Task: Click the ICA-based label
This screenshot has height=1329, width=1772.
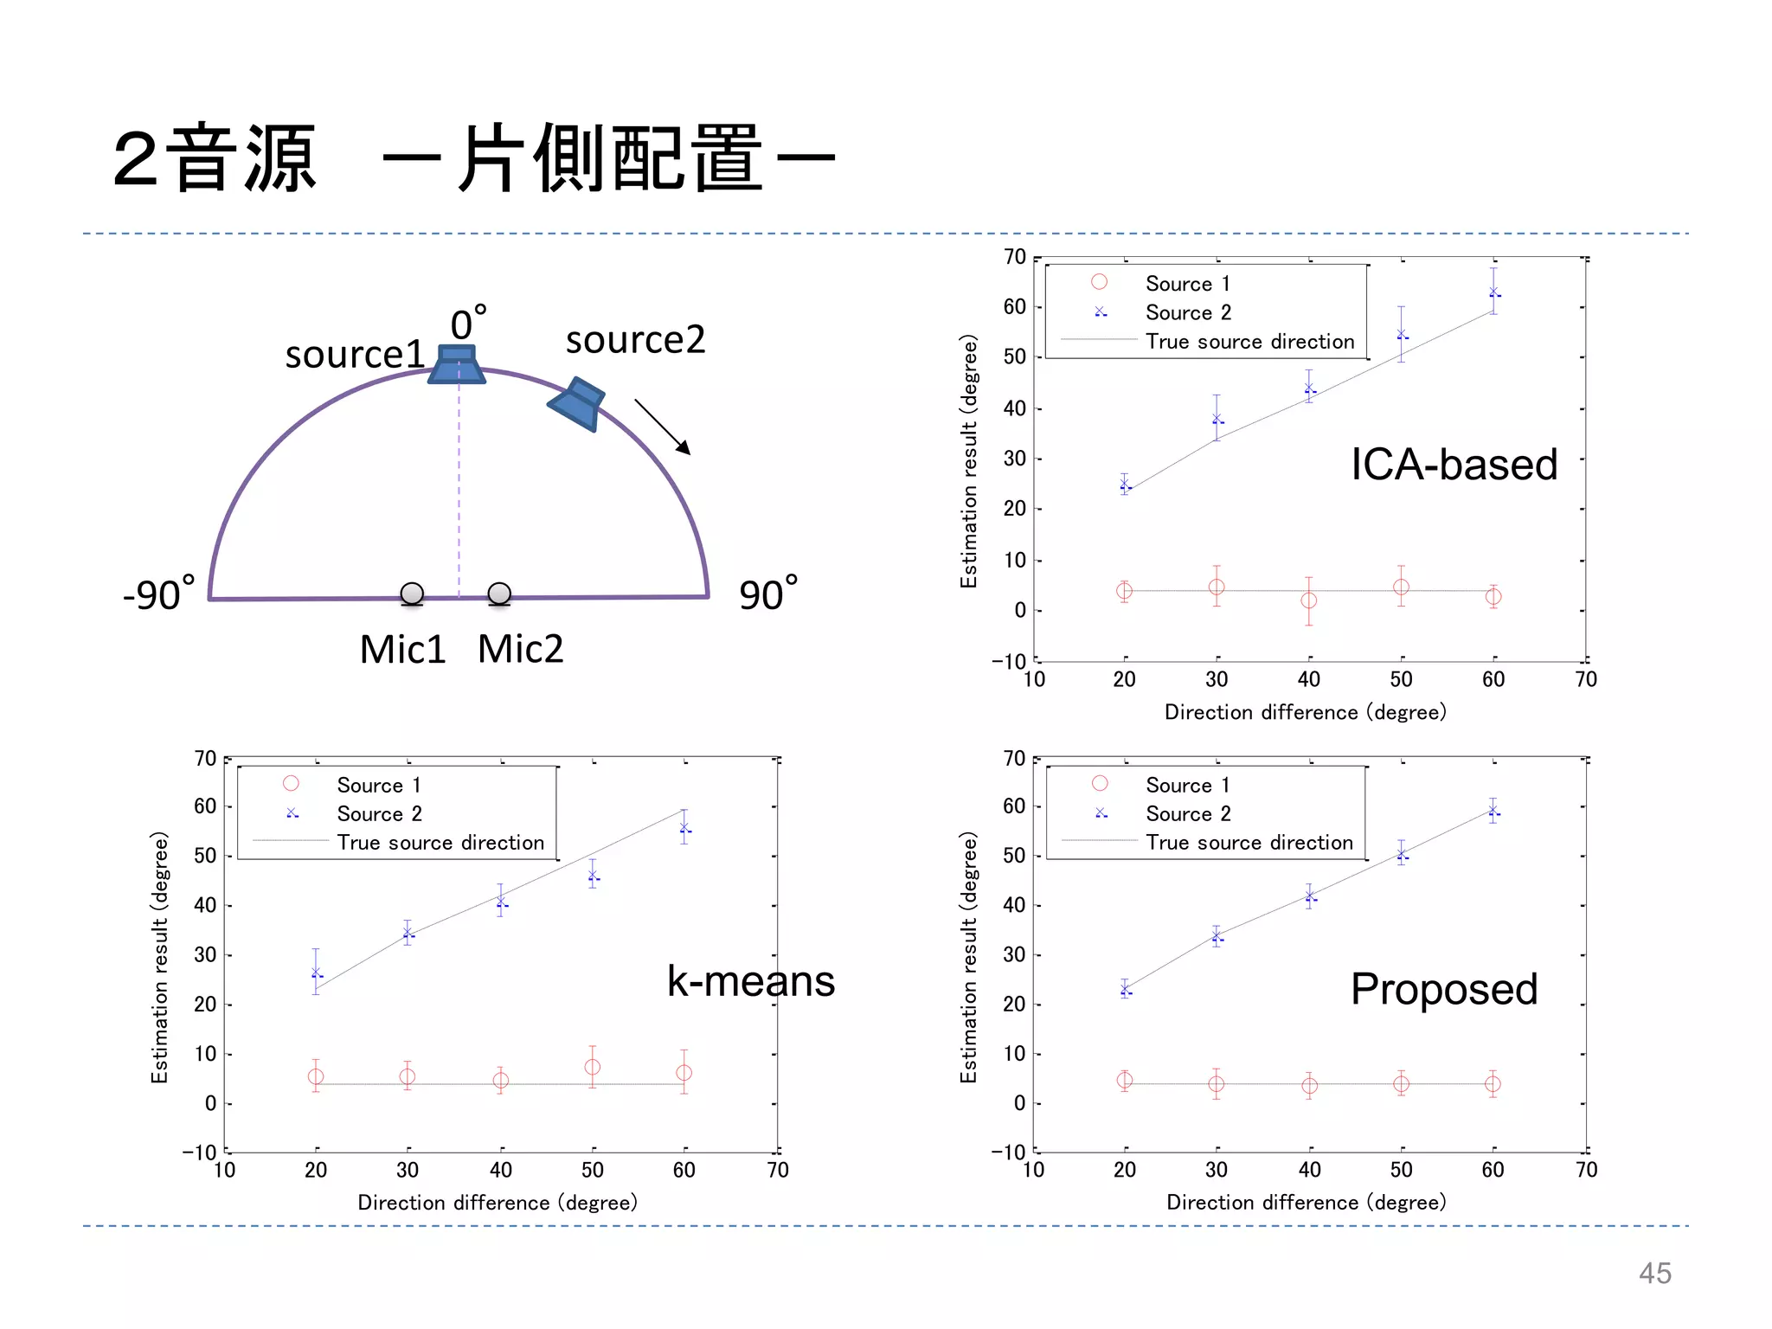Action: click(1454, 465)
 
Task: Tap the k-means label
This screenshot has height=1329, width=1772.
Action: click(750, 981)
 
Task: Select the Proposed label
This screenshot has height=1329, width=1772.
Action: click(1444, 989)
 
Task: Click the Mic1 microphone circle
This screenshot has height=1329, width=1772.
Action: click(412, 594)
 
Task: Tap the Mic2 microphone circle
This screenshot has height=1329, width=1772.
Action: click(499, 594)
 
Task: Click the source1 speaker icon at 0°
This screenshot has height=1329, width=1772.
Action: click(457, 364)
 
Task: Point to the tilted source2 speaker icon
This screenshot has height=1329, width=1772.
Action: click(577, 404)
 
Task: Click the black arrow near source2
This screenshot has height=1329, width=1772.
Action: click(663, 427)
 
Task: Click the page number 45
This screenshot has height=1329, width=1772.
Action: click(1654, 1274)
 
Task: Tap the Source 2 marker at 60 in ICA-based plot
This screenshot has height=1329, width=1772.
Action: click(1493, 292)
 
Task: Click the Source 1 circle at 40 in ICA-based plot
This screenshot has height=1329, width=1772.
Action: click(1309, 600)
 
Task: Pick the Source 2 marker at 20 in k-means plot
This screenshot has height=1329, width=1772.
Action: click(316, 973)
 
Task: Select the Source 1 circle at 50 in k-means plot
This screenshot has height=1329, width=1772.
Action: click(593, 1067)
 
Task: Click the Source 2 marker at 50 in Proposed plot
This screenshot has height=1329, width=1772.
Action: click(1402, 855)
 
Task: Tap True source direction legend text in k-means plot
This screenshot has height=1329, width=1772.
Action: click(440, 843)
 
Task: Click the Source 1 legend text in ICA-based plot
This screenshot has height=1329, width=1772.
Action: click(1187, 284)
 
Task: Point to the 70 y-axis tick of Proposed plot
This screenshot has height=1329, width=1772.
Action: click(1014, 759)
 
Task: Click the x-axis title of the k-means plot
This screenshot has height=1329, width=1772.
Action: click(498, 1202)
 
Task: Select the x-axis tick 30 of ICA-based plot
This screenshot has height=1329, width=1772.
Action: click(1217, 679)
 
